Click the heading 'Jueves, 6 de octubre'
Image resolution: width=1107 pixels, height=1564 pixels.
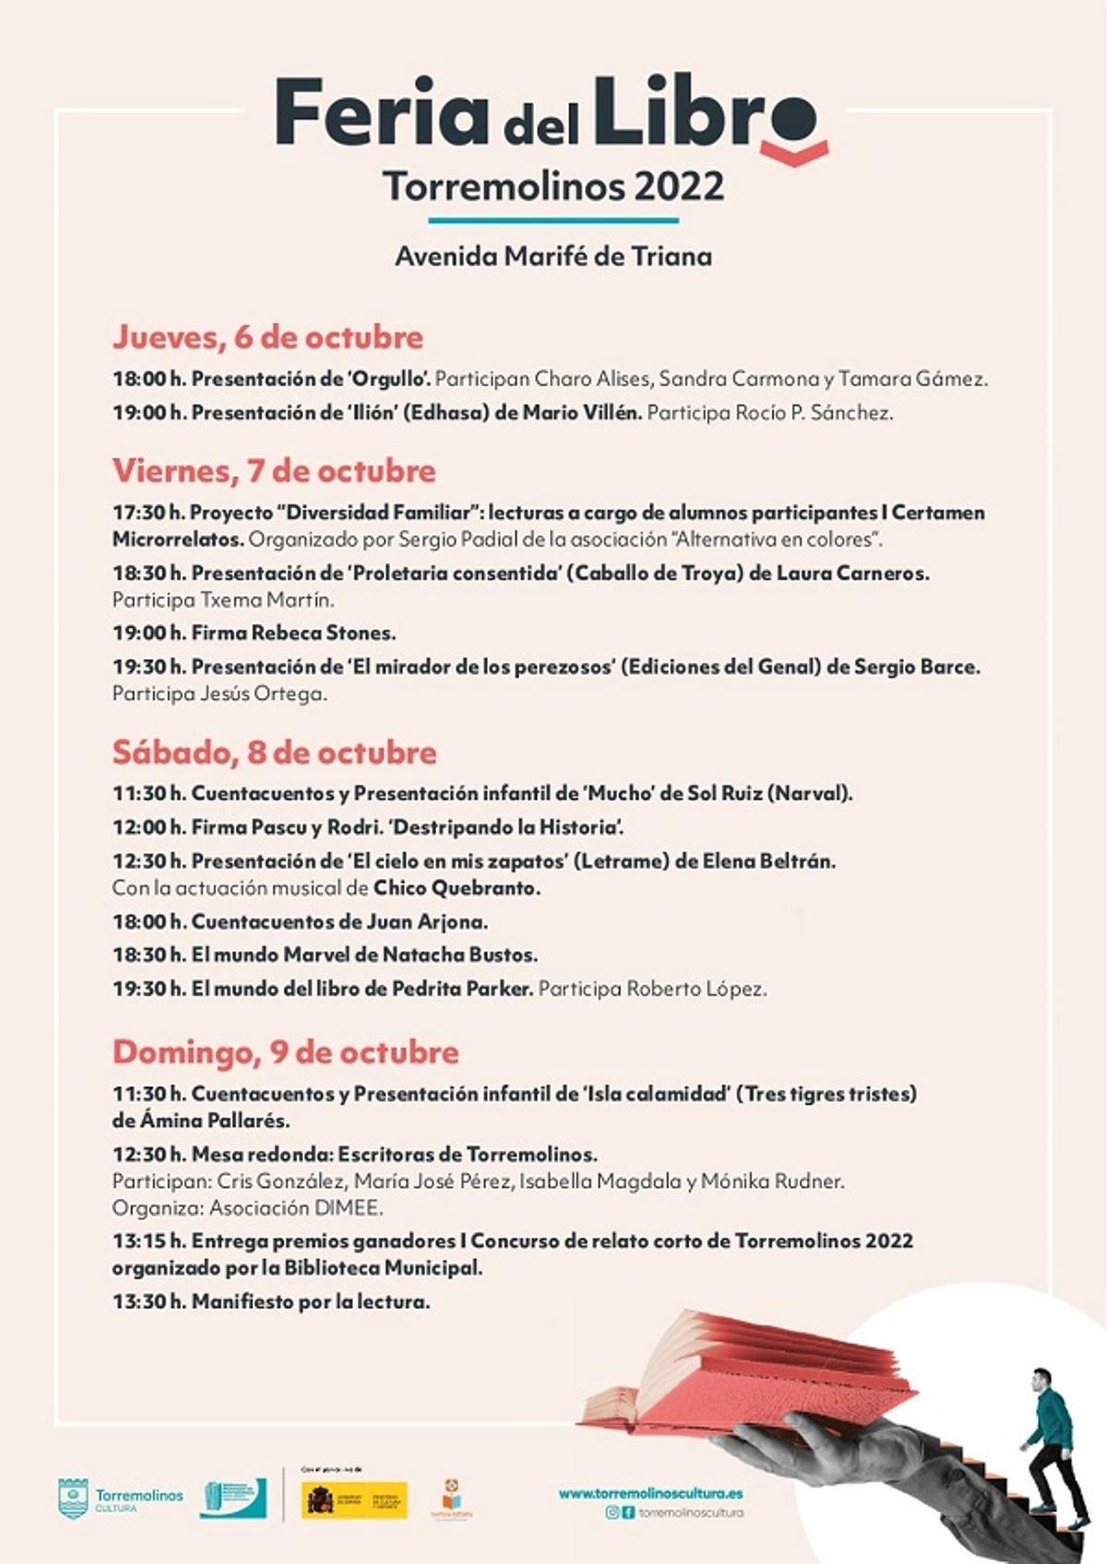(268, 337)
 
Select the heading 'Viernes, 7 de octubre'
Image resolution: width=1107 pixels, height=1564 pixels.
(274, 471)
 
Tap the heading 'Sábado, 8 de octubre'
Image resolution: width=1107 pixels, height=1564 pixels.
(274, 752)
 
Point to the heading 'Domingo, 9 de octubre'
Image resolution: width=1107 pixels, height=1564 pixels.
(285, 1052)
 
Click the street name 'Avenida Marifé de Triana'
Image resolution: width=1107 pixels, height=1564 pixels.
(553, 256)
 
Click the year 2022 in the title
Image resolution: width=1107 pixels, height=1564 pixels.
(679, 185)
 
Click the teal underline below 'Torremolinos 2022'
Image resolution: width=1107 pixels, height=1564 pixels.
(553, 221)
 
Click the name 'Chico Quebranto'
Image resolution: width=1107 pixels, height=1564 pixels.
(456, 888)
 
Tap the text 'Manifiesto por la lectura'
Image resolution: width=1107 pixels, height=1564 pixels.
(310, 1302)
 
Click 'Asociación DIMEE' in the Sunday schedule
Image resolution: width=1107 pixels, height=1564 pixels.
(295, 1208)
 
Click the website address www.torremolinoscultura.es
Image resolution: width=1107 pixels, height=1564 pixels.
(650, 1493)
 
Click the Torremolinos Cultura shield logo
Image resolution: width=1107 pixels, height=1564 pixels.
(73, 1498)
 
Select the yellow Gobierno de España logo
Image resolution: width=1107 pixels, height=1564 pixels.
(355, 1500)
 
